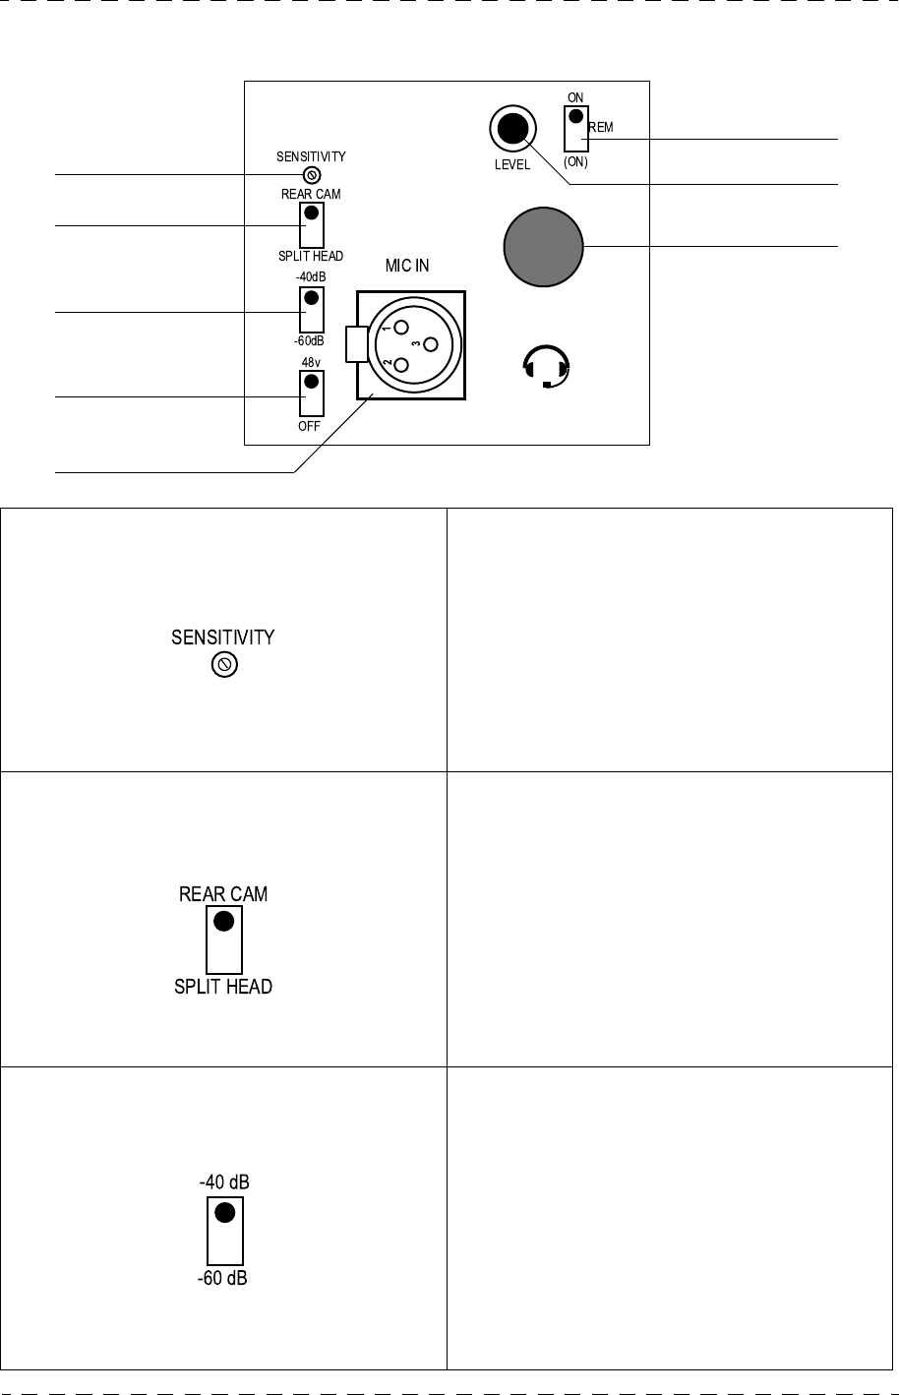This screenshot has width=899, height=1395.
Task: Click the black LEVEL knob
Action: pos(512,129)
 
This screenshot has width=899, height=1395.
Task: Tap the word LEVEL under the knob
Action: pos(511,165)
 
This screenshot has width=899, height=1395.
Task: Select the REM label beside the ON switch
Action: pos(601,128)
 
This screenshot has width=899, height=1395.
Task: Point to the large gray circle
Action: pos(543,247)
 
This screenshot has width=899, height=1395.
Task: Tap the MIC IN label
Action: pos(407,266)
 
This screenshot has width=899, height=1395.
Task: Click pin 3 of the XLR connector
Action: pos(429,344)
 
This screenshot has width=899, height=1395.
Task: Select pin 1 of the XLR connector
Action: pos(400,328)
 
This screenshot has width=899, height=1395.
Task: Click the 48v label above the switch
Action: pos(311,362)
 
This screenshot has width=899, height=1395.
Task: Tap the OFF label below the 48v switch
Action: pos(311,427)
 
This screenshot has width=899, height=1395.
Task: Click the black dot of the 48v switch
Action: pos(311,382)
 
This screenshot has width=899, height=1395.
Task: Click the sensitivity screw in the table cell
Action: pos(223,666)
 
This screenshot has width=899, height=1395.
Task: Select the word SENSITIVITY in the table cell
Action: pos(223,637)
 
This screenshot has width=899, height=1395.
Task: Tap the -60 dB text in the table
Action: pos(223,1284)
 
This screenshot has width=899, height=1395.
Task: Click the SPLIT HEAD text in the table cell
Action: pos(223,987)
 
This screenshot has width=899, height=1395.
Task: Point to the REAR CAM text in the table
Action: pos(223,894)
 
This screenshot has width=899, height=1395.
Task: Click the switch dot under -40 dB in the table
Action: pos(224,1213)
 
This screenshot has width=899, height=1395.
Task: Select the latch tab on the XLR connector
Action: pos(356,343)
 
